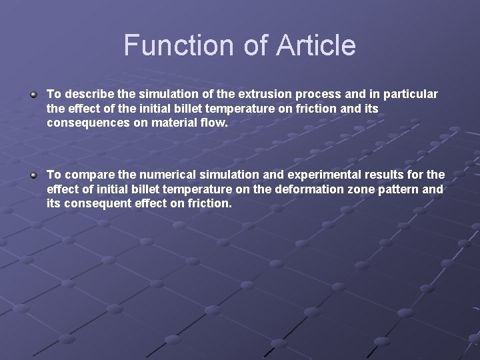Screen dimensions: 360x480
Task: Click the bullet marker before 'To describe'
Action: [x=33, y=95]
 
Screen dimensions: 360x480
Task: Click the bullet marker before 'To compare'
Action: [x=33, y=175]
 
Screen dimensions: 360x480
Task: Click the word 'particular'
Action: [x=408, y=95]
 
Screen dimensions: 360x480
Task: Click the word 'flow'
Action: [x=213, y=123]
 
